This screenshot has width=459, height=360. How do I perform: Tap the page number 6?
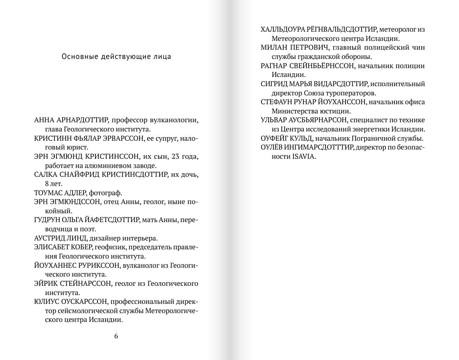(116, 336)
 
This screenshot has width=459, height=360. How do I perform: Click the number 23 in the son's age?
(176, 156)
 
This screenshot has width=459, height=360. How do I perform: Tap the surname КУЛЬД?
(301, 138)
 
